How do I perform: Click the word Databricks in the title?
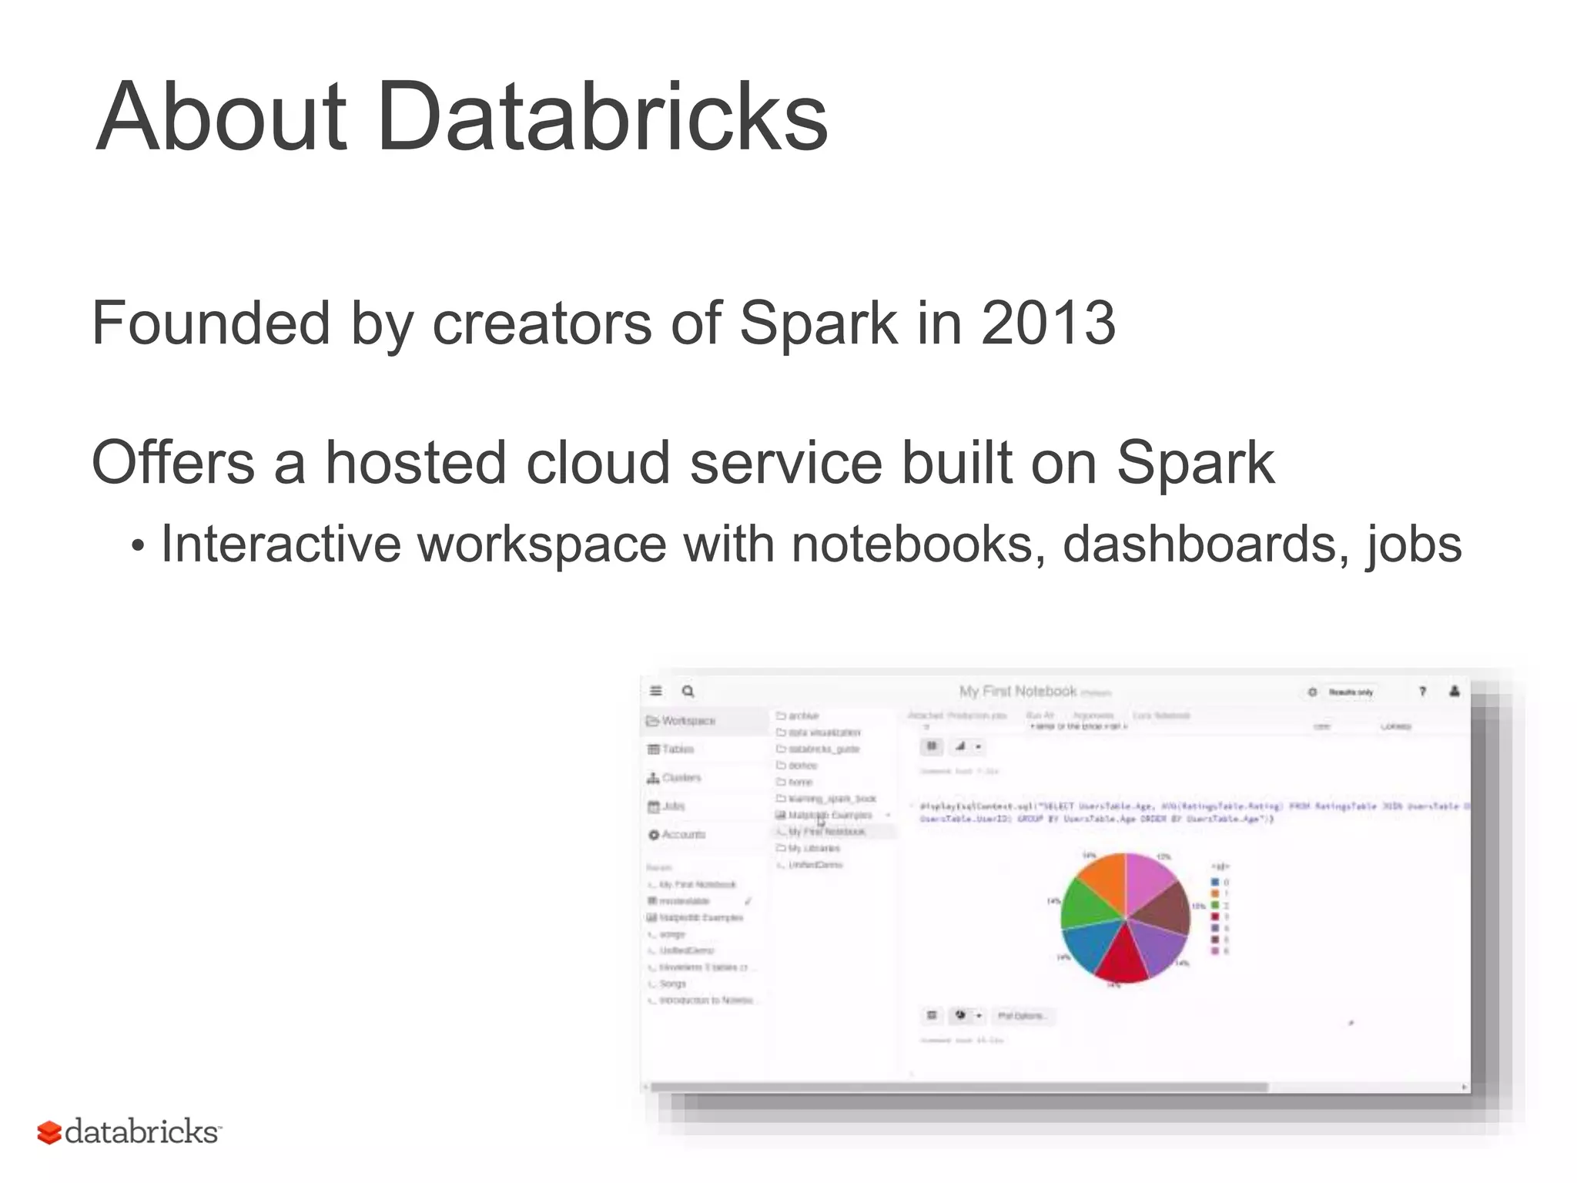602,117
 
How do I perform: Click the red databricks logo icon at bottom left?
49,1132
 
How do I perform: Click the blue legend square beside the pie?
1215,882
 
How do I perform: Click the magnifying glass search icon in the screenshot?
688,692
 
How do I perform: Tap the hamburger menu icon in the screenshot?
656,692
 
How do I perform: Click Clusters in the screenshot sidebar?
681,778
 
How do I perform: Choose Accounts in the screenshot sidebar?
682,835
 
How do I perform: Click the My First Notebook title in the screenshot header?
1017,692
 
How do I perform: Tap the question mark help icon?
1422,692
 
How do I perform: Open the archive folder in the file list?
803,716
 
